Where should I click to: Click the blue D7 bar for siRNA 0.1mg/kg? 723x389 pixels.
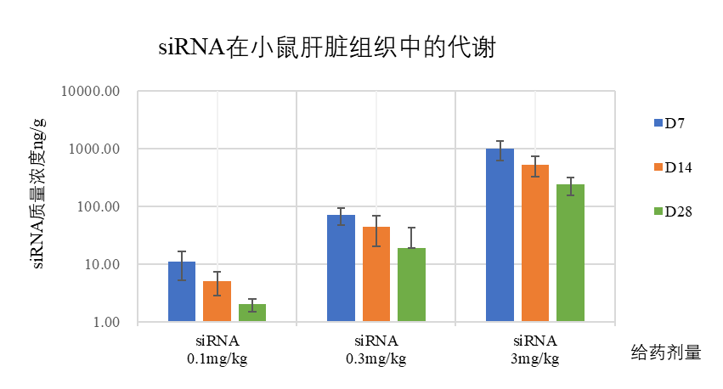[182, 292]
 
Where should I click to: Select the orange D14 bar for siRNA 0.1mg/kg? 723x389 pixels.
[217, 302]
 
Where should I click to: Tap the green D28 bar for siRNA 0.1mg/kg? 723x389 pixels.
[252, 313]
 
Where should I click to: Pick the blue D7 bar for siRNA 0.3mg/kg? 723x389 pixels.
[341, 268]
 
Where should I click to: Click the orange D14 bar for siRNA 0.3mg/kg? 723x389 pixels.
[376, 274]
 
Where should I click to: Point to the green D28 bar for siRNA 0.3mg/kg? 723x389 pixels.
[411, 285]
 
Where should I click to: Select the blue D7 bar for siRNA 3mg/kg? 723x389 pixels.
[500, 235]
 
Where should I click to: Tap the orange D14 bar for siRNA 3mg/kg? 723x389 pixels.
[535, 244]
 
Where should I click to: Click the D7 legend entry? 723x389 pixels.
[669, 123]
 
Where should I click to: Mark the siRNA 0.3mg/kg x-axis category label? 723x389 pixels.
[376, 349]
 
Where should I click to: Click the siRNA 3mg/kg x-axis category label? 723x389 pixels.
[534, 349]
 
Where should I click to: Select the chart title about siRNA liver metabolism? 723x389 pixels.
[327, 47]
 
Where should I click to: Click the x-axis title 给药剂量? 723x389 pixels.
[666, 352]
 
